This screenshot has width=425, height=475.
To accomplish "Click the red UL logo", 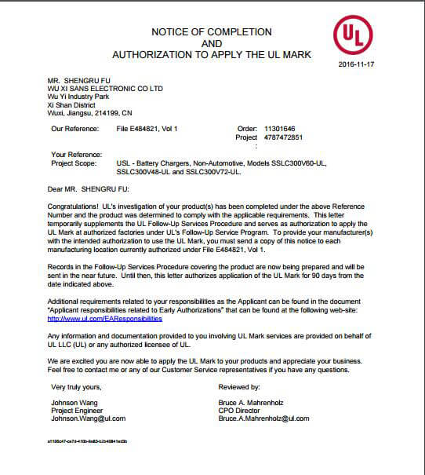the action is tap(353, 35).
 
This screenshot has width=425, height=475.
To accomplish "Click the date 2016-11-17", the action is tap(356, 64).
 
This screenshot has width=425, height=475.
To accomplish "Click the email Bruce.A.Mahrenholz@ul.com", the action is tap(264, 418).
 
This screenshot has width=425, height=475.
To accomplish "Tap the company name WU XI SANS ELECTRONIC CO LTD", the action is tap(105, 89).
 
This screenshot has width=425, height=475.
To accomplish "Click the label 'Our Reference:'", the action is tap(74, 127).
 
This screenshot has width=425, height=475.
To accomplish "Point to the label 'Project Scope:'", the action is tap(74, 163).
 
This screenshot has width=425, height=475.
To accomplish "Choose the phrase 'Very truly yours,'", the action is tap(76, 387).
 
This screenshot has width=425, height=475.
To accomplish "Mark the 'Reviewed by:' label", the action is tap(241, 387).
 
